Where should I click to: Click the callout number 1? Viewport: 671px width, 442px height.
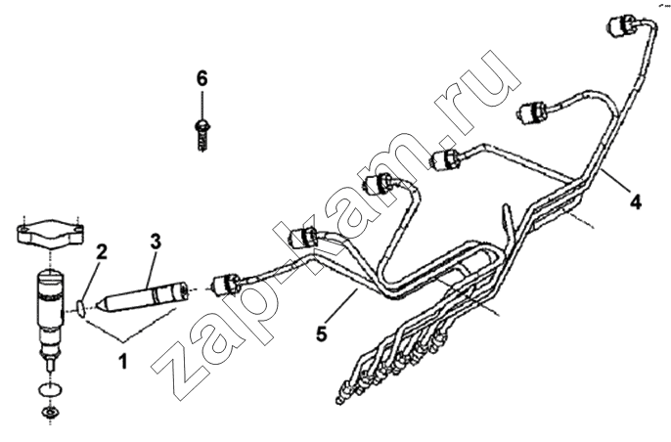123,362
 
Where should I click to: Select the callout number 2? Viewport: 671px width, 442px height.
101,252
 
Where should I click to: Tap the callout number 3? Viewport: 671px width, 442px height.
156,242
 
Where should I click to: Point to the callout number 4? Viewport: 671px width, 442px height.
636,201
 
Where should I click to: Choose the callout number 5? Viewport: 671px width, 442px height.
322,333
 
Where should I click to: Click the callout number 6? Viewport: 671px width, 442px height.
201,79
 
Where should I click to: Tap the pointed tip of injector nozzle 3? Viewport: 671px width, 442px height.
97,305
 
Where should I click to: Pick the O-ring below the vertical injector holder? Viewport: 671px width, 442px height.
51,390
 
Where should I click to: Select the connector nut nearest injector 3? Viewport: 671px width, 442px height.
225,285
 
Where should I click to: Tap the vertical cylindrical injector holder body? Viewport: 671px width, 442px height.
51,309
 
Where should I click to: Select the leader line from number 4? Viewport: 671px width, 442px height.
615,180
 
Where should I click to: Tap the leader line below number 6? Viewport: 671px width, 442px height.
201,104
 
